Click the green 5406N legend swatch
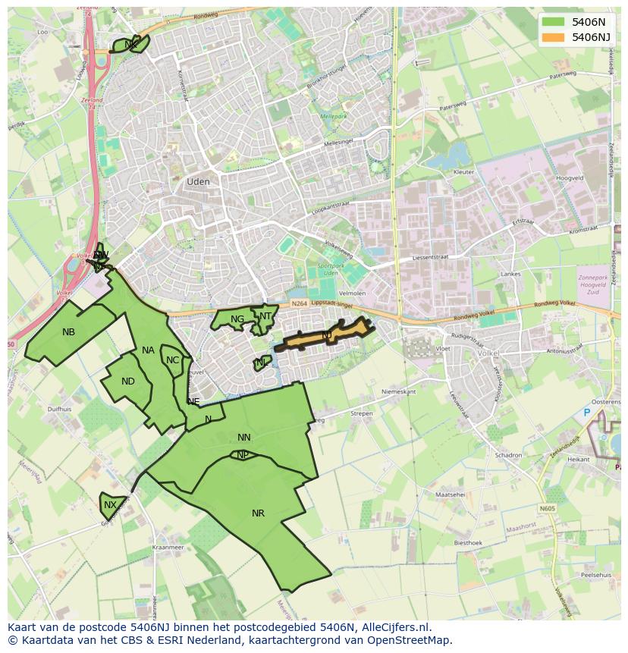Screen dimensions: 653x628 click(554, 22)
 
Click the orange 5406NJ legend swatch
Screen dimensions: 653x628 click(554, 37)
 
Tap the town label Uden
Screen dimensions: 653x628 click(198, 182)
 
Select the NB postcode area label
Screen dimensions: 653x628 click(69, 332)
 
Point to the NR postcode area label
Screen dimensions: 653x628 click(258, 513)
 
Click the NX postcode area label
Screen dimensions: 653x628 click(111, 505)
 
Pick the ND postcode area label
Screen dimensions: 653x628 click(128, 381)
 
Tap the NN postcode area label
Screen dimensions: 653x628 click(243, 438)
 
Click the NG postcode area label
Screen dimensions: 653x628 click(237, 319)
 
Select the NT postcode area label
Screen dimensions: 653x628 click(265, 316)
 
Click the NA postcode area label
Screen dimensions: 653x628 click(148, 350)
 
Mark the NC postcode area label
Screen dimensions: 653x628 click(172, 360)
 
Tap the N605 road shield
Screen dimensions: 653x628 click(548, 508)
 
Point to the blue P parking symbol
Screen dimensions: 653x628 click(586, 413)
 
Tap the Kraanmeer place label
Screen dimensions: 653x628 click(168, 547)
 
